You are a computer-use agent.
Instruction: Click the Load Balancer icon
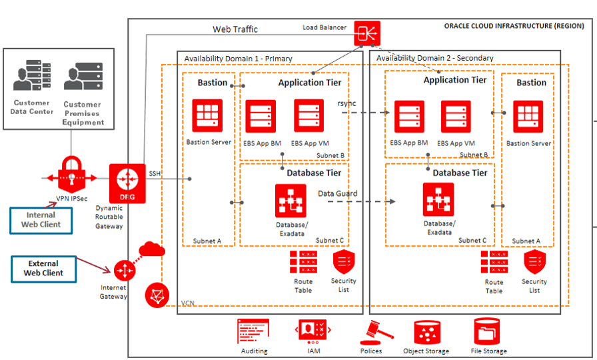(366, 34)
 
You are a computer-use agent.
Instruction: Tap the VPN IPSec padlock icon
(69, 175)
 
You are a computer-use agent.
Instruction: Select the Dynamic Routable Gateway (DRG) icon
(127, 180)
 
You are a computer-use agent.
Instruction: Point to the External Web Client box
(43, 268)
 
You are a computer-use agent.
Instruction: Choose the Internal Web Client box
(41, 220)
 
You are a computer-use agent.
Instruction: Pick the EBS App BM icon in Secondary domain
(409, 117)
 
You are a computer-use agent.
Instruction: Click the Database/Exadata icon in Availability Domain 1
(291, 201)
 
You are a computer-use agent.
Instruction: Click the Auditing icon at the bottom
(253, 332)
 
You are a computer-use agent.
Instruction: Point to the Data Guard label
(337, 193)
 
